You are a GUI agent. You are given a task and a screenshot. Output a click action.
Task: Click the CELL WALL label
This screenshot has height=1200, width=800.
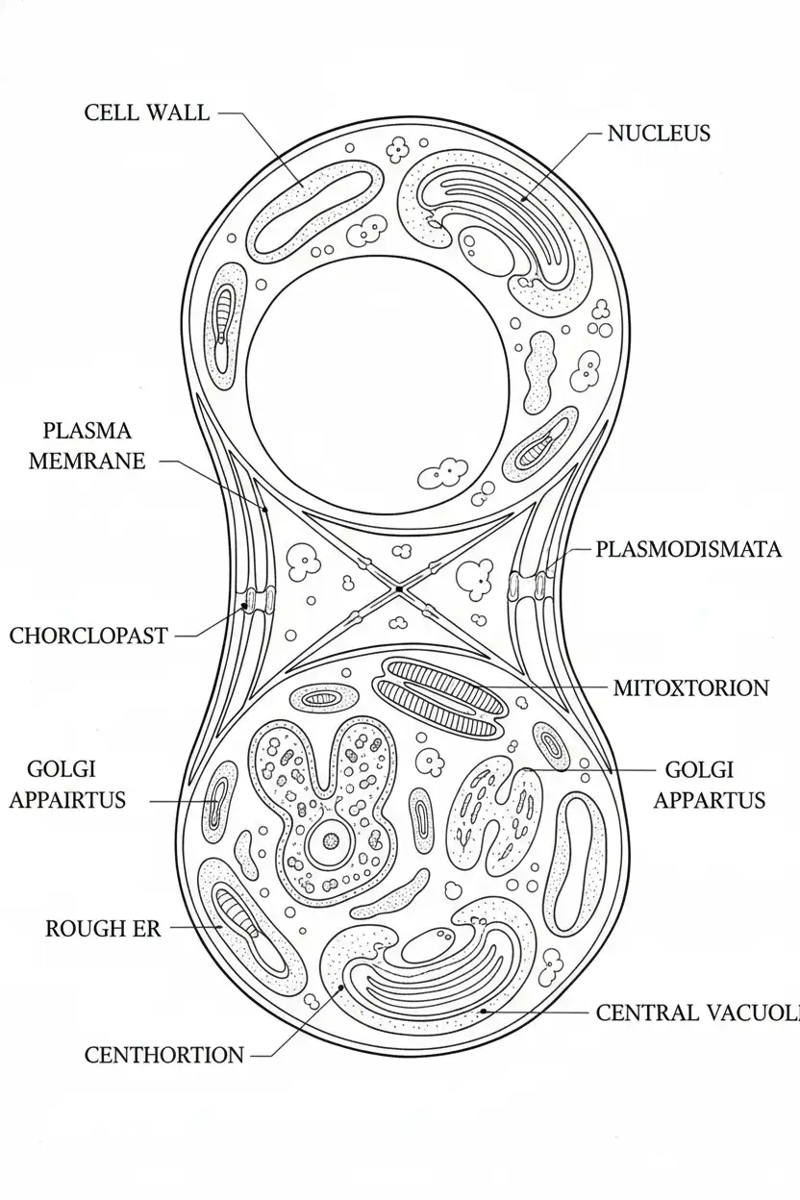146,112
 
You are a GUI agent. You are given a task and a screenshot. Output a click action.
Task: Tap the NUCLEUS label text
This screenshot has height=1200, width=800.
659,134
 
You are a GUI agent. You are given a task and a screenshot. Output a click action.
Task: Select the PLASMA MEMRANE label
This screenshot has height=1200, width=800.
87,446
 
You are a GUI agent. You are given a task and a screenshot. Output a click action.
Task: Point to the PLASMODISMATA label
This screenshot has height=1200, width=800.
687,550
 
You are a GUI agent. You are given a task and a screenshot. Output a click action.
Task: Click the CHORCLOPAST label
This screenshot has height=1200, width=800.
88,636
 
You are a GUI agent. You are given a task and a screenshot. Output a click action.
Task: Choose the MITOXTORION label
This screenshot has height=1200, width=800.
690,688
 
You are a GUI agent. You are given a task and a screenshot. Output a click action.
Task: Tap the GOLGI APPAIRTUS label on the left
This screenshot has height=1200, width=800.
67,785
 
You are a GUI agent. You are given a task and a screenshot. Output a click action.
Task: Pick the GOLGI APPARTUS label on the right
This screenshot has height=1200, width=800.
709,785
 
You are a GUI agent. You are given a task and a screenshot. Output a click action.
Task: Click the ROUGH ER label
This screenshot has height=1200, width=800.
103,929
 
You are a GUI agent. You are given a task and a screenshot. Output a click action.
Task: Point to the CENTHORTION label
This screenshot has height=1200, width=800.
164,1056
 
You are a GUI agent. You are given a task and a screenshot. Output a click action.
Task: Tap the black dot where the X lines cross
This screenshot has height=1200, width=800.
398,588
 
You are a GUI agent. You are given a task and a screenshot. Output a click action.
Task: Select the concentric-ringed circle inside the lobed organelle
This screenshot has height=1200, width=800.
331,841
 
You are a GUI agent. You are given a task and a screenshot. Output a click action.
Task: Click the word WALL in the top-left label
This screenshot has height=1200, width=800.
177,112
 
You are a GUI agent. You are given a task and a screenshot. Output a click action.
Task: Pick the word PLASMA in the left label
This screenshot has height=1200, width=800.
87,431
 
